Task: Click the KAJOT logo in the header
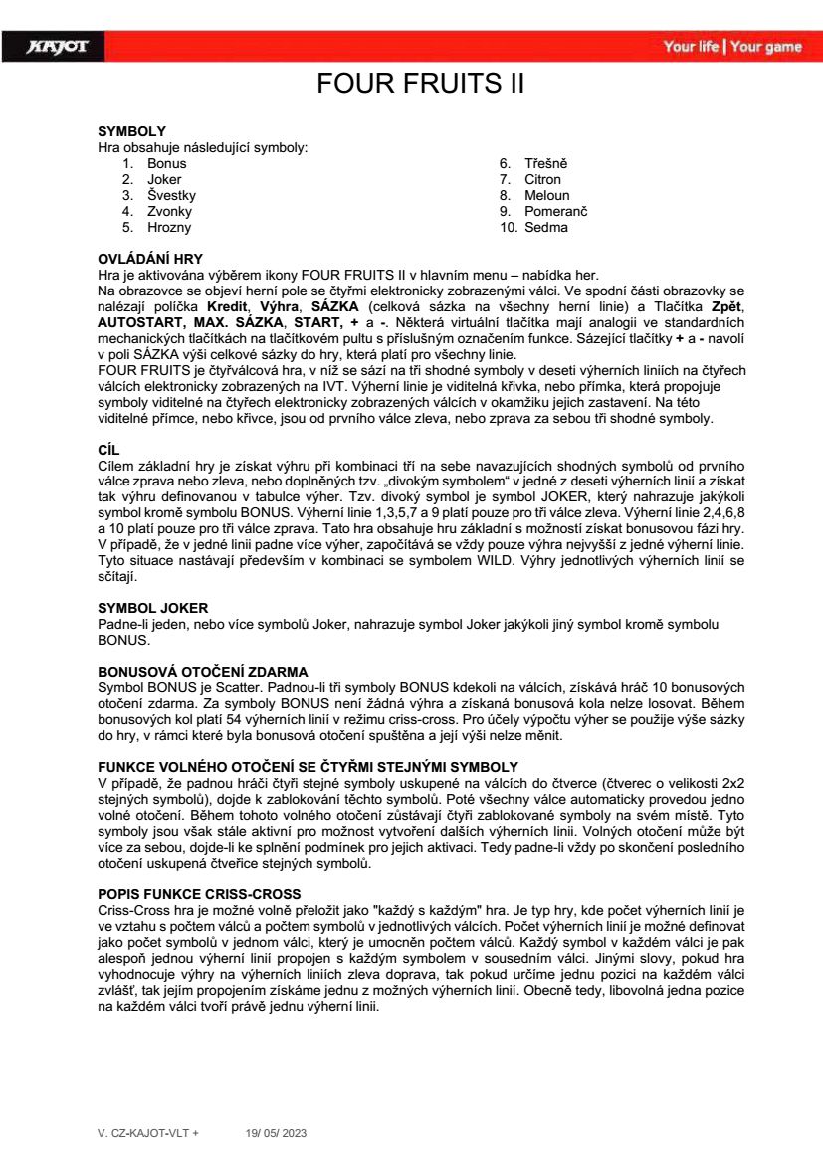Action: point(57,47)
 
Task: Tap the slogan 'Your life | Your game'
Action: point(732,47)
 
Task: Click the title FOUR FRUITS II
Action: point(420,83)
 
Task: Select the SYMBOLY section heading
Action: point(131,131)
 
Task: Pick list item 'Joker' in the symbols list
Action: point(164,180)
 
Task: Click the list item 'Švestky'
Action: point(171,196)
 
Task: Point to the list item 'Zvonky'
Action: point(169,212)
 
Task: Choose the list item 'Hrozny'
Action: point(168,228)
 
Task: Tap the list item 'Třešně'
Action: point(546,164)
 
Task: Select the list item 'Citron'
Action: point(543,180)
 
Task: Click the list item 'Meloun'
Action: point(547,196)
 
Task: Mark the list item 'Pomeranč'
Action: point(556,212)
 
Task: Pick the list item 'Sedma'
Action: point(546,228)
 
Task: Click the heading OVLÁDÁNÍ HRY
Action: point(149,259)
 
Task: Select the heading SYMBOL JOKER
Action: point(152,607)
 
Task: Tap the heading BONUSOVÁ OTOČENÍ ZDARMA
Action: point(202,672)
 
